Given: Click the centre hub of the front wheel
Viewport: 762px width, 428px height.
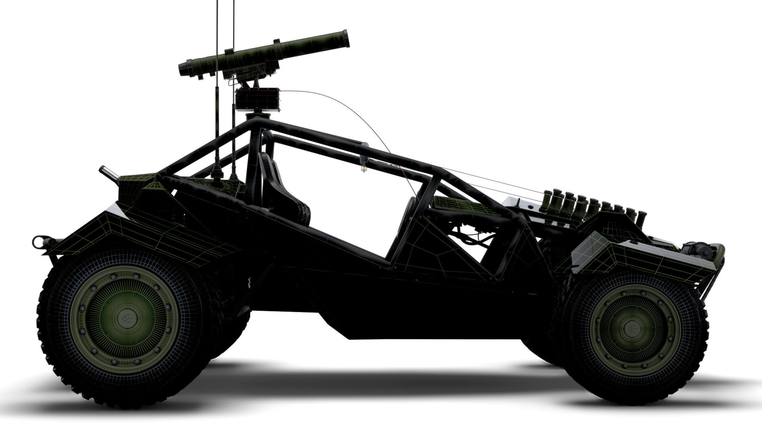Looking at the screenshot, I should pos(631,327).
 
